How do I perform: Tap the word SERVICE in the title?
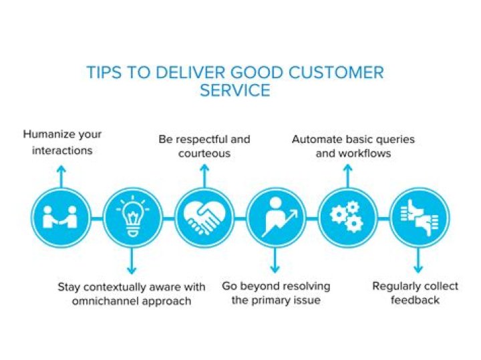[x=235, y=91]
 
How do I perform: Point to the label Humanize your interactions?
[x=62, y=142]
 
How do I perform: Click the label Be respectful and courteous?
[x=204, y=146]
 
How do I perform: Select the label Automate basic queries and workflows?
[x=353, y=146]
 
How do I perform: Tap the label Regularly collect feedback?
[x=415, y=293]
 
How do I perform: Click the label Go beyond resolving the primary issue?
[x=276, y=293]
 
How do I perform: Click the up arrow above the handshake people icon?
[x=61, y=175]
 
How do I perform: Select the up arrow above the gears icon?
[x=347, y=175]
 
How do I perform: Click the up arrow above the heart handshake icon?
[x=204, y=175]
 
